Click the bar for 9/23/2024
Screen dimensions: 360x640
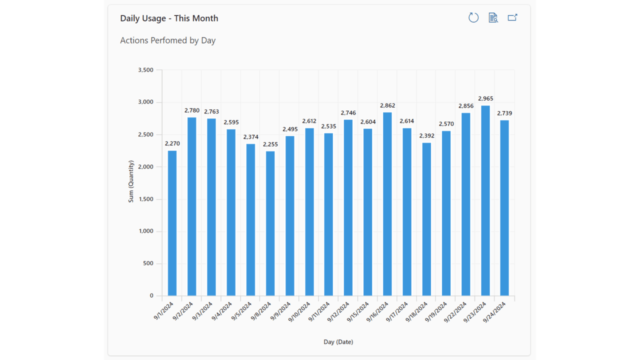click(x=485, y=200)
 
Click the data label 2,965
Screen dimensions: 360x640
click(x=485, y=99)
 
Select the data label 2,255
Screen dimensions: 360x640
click(x=270, y=144)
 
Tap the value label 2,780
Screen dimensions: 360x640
click(x=192, y=110)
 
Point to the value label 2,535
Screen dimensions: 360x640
click(x=328, y=126)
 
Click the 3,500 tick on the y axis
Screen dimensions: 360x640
click(x=145, y=70)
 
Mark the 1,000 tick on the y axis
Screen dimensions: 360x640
click(x=145, y=231)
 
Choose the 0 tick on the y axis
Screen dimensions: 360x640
click(x=151, y=296)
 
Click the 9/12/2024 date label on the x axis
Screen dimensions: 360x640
click(x=340, y=311)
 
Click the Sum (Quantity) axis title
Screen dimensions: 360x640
click(x=131, y=181)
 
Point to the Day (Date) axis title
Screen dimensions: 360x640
click(x=338, y=342)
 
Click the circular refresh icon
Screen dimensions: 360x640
click(x=473, y=18)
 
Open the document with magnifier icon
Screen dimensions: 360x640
click(x=493, y=18)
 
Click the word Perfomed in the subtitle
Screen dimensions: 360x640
click(x=167, y=40)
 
